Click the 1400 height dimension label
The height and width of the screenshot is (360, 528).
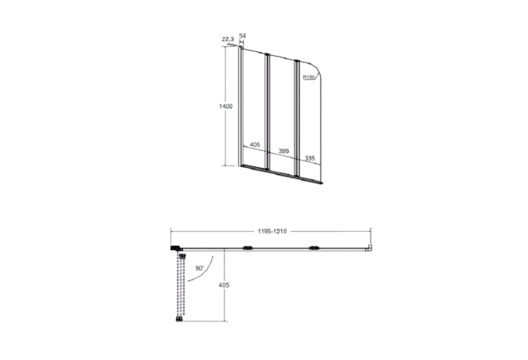(226, 106)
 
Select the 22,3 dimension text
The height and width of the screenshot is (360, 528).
(227, 39)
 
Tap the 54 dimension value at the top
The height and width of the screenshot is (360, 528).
(242, 35)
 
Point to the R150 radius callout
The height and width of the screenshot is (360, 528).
(308, 77)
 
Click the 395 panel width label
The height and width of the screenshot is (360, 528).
(284, 151)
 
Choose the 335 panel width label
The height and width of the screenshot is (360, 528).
(310, 158)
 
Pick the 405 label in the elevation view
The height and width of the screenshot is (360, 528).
(254, 145)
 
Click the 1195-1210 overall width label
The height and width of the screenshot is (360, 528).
(272, 232)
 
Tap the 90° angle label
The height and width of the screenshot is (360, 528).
(200, 268)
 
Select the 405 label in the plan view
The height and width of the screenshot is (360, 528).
(224, 285)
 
